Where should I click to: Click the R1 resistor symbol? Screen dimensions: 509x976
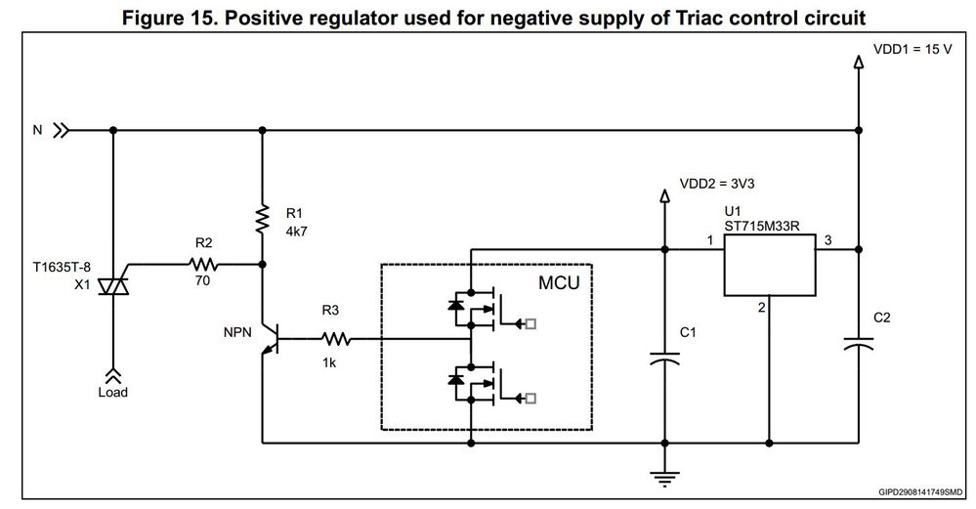pos(262,218)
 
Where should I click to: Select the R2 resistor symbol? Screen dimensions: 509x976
pos(204,264)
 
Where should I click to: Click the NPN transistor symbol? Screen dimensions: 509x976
pos(269,340)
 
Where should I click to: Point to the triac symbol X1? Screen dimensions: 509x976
pos(114,282)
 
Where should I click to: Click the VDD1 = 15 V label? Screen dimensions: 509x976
pos(912,48)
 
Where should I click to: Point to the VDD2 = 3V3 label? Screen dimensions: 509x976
pos(717,183)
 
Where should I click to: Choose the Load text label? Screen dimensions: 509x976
pos(113,393)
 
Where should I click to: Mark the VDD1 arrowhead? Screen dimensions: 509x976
pos(859,63)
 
